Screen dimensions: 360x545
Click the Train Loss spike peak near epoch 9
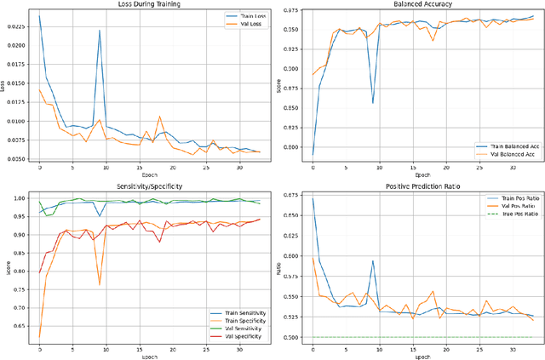[100, 31]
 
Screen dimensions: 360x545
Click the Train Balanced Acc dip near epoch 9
[373, 103]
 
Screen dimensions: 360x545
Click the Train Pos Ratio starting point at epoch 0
[313, 199]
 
